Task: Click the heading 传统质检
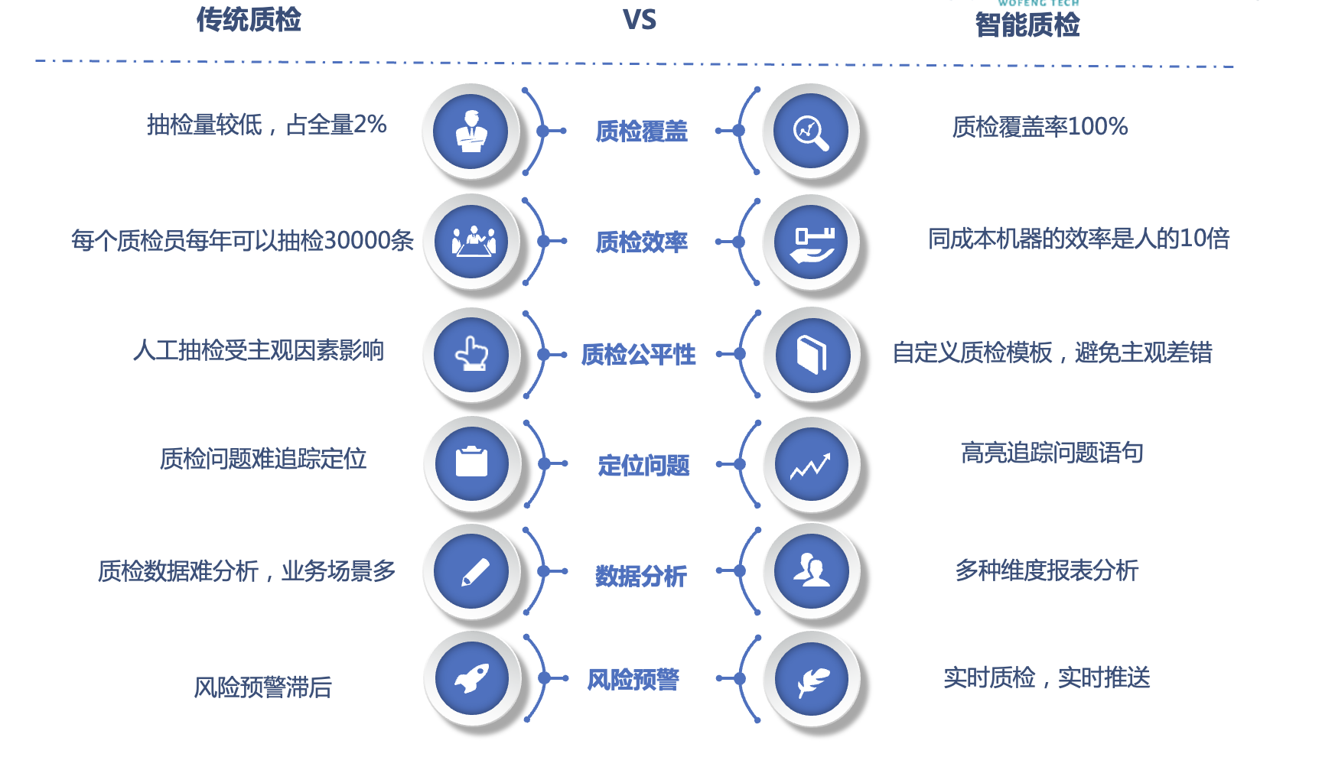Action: click(x=249, y=20)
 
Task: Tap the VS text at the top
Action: click(x=640, y=20)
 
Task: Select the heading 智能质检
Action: click(x=1027, y=25)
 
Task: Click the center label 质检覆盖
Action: click(x=642, y=132)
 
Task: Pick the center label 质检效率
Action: click(x=642, y=242)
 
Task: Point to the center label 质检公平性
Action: click(x=639, y=355)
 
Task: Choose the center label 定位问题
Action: click(x=644, y=465)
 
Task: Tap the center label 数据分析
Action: click(x=641, y=576)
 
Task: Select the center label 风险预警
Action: click(x=633, y=679)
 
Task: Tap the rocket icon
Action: click(x=472, y=678)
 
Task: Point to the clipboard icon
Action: click(x=472, y=462)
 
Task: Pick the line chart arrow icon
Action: click(x=811, y=466)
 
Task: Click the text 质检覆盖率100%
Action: click(x=1040, y=126)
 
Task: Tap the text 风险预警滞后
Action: click(x=262, y=687)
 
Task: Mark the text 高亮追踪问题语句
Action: click(x=1052, y=453)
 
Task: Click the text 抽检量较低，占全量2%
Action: click(x=267, y=124)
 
